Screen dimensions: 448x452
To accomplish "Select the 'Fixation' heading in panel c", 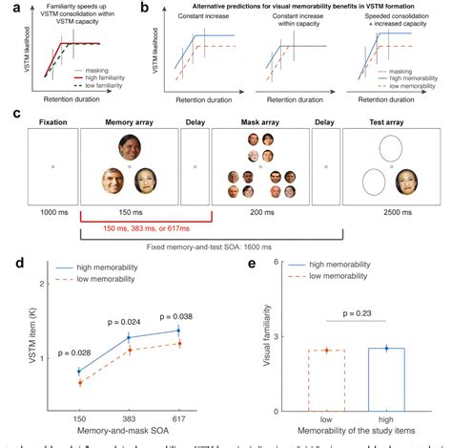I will (52, 123).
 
